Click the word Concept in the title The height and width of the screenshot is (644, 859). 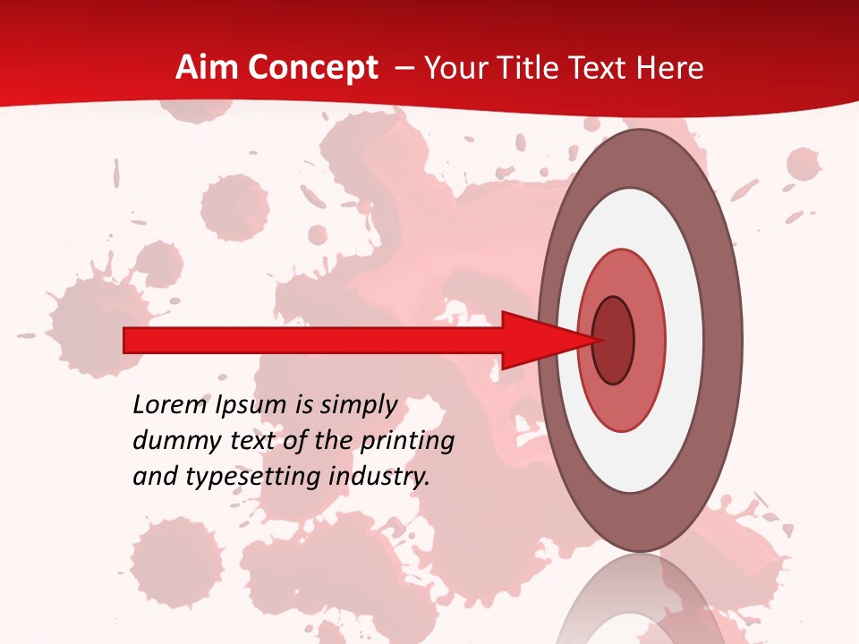pyautogui.click(x=311, y=68)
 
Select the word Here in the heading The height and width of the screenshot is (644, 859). pyautogui.click(x=670, y=68)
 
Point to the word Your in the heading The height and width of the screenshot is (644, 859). pyautogui.click(x=455, y=68)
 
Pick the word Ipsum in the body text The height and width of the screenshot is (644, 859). pyautogui.click(x=252, y=405)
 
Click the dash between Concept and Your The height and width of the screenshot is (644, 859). pyautogui.click(x=403, y=69)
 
